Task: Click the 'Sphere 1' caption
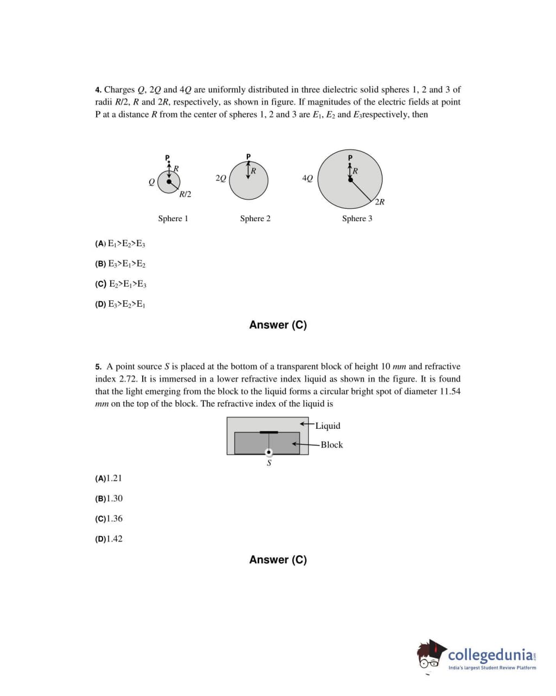173,218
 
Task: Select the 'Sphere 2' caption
255,218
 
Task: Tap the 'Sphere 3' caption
357,218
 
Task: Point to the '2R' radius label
380,202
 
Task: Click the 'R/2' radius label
185,194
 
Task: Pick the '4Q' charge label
307,178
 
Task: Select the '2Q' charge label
220,178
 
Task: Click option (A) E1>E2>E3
120,243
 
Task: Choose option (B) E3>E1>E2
120,264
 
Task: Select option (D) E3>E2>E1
120,304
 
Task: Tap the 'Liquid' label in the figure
328,426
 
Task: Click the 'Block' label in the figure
331,444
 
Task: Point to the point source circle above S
269,452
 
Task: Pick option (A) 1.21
108,478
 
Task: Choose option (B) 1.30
108,498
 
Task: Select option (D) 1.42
108,539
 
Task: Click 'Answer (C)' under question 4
278,325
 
